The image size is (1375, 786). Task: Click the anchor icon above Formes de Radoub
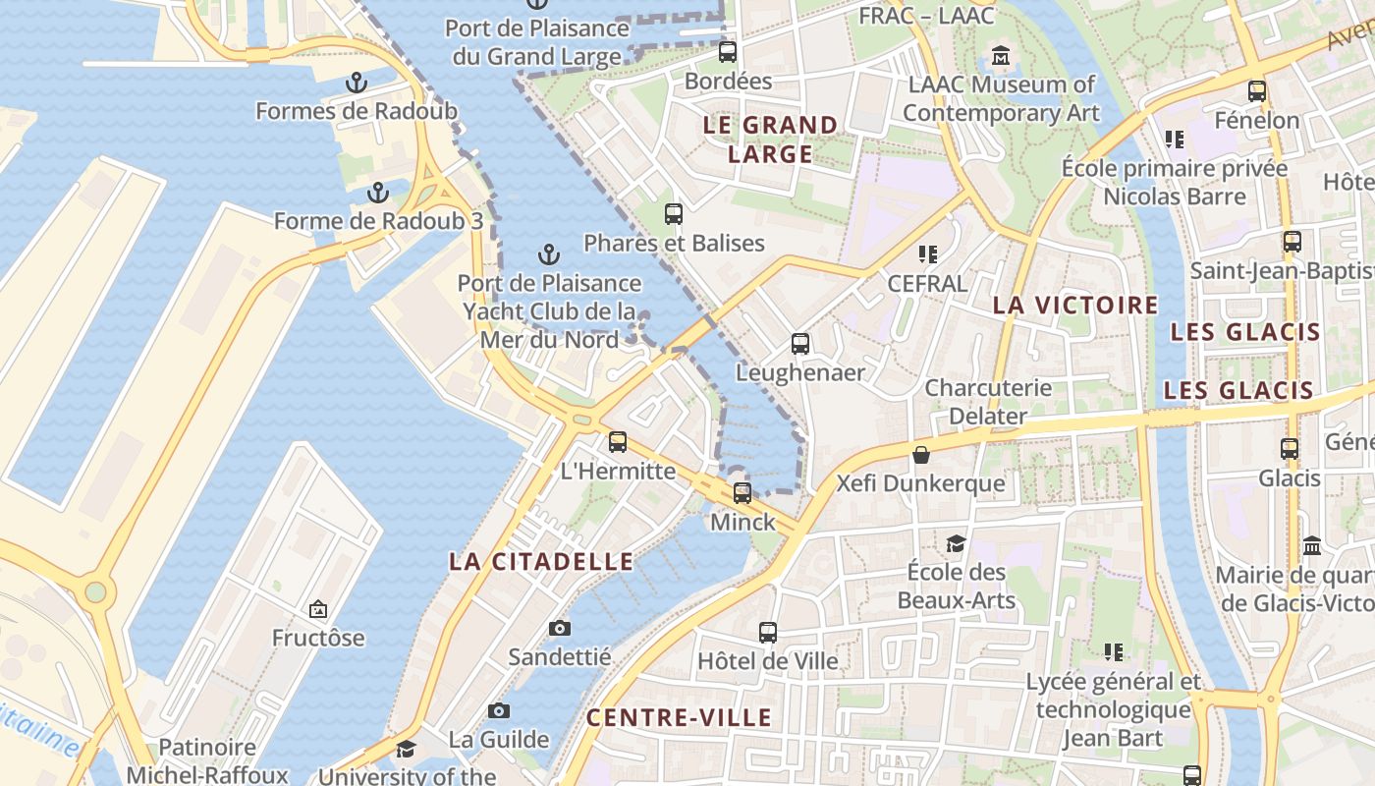[x=357, y=83]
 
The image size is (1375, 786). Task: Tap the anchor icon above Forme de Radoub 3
[x=378, y=193]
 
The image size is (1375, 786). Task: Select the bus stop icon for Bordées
[x=728, y=52]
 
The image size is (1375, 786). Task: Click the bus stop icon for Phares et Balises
[x=674, y=214]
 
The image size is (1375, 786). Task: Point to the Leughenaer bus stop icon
[x=800, y=344]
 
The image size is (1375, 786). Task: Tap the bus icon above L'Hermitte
[x=618, y=442]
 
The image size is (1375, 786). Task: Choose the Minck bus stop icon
[x=742, y=493]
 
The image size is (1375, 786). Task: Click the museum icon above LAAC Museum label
[x=1001, y=56]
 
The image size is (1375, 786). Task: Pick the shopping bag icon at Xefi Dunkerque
[x=921, y=455]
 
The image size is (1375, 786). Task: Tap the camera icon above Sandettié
[x=560, y=628]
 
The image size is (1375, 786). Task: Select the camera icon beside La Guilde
[x=499, y=710]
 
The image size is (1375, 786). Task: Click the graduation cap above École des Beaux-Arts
[x=956, y=543]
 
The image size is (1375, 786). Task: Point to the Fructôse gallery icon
[x=318, y=610]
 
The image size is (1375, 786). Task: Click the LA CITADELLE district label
[x=541, y=562]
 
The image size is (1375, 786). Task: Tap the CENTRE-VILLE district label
[x=679, y=718]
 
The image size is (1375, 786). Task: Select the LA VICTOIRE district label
[x=1075, y=305]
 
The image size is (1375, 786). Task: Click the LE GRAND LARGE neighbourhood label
[x=771, y=140]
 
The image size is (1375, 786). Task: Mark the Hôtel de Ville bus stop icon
[x=768, y=633]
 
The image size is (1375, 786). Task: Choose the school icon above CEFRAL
[x=928, y=254]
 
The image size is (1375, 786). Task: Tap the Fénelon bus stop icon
[x=1257, y=91]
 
